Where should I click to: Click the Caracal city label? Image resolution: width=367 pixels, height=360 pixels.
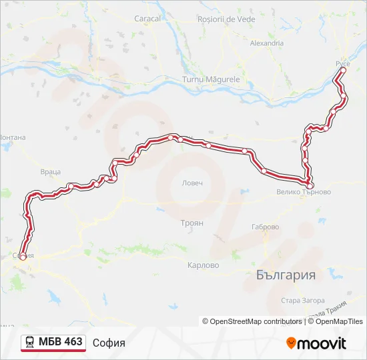click(147, 19)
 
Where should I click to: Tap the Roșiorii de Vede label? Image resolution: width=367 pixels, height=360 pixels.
click(227, 19)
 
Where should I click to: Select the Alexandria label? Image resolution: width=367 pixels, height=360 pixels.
click(266, 43)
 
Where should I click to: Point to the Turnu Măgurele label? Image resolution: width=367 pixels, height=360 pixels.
click(214, 79)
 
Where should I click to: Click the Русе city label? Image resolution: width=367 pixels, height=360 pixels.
click(342, 63)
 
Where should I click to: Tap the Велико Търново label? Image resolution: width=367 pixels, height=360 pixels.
click(303, 192)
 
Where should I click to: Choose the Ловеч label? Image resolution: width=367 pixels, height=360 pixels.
click(192, 183)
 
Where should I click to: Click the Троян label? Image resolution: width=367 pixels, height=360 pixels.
click(192, 223)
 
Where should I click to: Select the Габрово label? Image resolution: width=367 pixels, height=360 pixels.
click(265, 227)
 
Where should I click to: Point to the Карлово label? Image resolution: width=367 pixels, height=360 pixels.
click(203, 265)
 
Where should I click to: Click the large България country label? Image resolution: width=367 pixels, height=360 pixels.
click(286, 275)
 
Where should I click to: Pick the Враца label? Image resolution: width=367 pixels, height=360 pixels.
click(51, 171)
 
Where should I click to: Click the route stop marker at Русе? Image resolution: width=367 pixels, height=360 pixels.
click(343, 70)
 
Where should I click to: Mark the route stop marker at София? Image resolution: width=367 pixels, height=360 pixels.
click(23, 257)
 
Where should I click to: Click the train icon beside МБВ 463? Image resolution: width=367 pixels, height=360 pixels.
click(30, 343)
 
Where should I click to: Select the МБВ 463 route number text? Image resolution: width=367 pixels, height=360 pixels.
click(61, 342)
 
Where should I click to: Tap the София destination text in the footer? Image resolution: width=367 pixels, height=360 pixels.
click(109, 343)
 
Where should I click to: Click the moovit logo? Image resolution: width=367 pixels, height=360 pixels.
click(316, 343)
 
